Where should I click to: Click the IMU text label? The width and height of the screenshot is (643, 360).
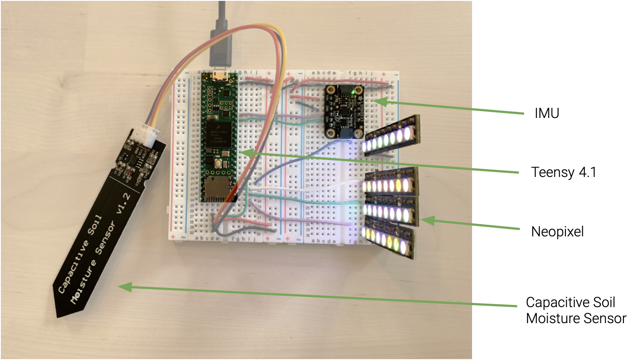547,114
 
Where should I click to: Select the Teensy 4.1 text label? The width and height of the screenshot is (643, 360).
564,173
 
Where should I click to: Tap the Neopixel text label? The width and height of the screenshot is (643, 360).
557,232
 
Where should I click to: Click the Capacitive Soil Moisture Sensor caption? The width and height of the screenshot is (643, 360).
576,311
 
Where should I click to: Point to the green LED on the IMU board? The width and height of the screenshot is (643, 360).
354,92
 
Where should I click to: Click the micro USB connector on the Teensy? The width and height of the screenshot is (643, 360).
220,76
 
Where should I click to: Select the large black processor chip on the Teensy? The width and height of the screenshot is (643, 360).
219,133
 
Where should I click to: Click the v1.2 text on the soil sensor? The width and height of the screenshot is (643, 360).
123,204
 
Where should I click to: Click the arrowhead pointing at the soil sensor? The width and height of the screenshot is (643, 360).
124,287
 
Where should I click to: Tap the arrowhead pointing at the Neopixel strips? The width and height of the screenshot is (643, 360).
426,220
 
